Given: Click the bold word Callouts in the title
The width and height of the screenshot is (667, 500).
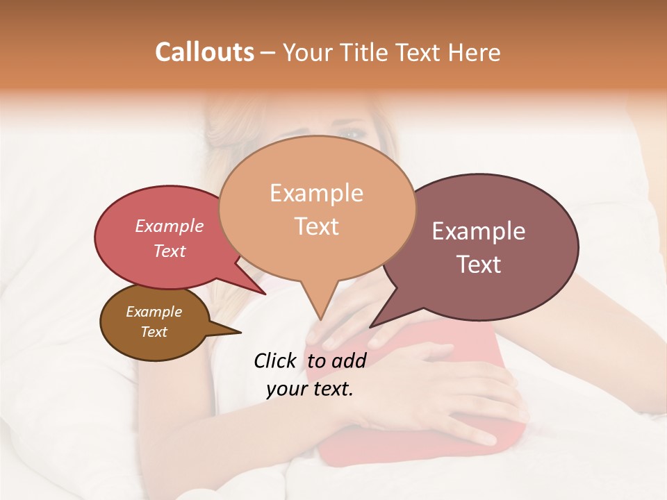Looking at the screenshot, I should pyautogui.click(x=204, y=52).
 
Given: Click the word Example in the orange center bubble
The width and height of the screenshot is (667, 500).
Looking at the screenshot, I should pyautogui.click(x=316, y=193).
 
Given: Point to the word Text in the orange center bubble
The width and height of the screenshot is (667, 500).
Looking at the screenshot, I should pyautogui.click(x=316, y=226).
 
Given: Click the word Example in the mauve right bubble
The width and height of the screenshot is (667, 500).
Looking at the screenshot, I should pyautogui.click(x=479, y=231).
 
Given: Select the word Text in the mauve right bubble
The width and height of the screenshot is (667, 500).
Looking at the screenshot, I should pyautogui.click(x=479, y=265).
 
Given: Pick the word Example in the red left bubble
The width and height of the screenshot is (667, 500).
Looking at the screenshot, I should pyautogui.click(x=170, y=226).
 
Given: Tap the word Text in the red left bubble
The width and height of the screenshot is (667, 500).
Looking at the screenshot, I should pyautogui.click(x=170, y=251).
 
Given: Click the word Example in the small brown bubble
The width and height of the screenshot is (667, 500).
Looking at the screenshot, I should pyautogui.click(x=154, y=312).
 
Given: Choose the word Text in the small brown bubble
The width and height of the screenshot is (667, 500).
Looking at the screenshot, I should pyautogui.click(x=154, y=332).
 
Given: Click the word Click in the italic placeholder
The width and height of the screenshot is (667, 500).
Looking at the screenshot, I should pyautogui.click(x=276, y=360).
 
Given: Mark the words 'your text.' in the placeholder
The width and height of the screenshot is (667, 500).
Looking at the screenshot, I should pyautogui.click(x=310, y=389).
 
